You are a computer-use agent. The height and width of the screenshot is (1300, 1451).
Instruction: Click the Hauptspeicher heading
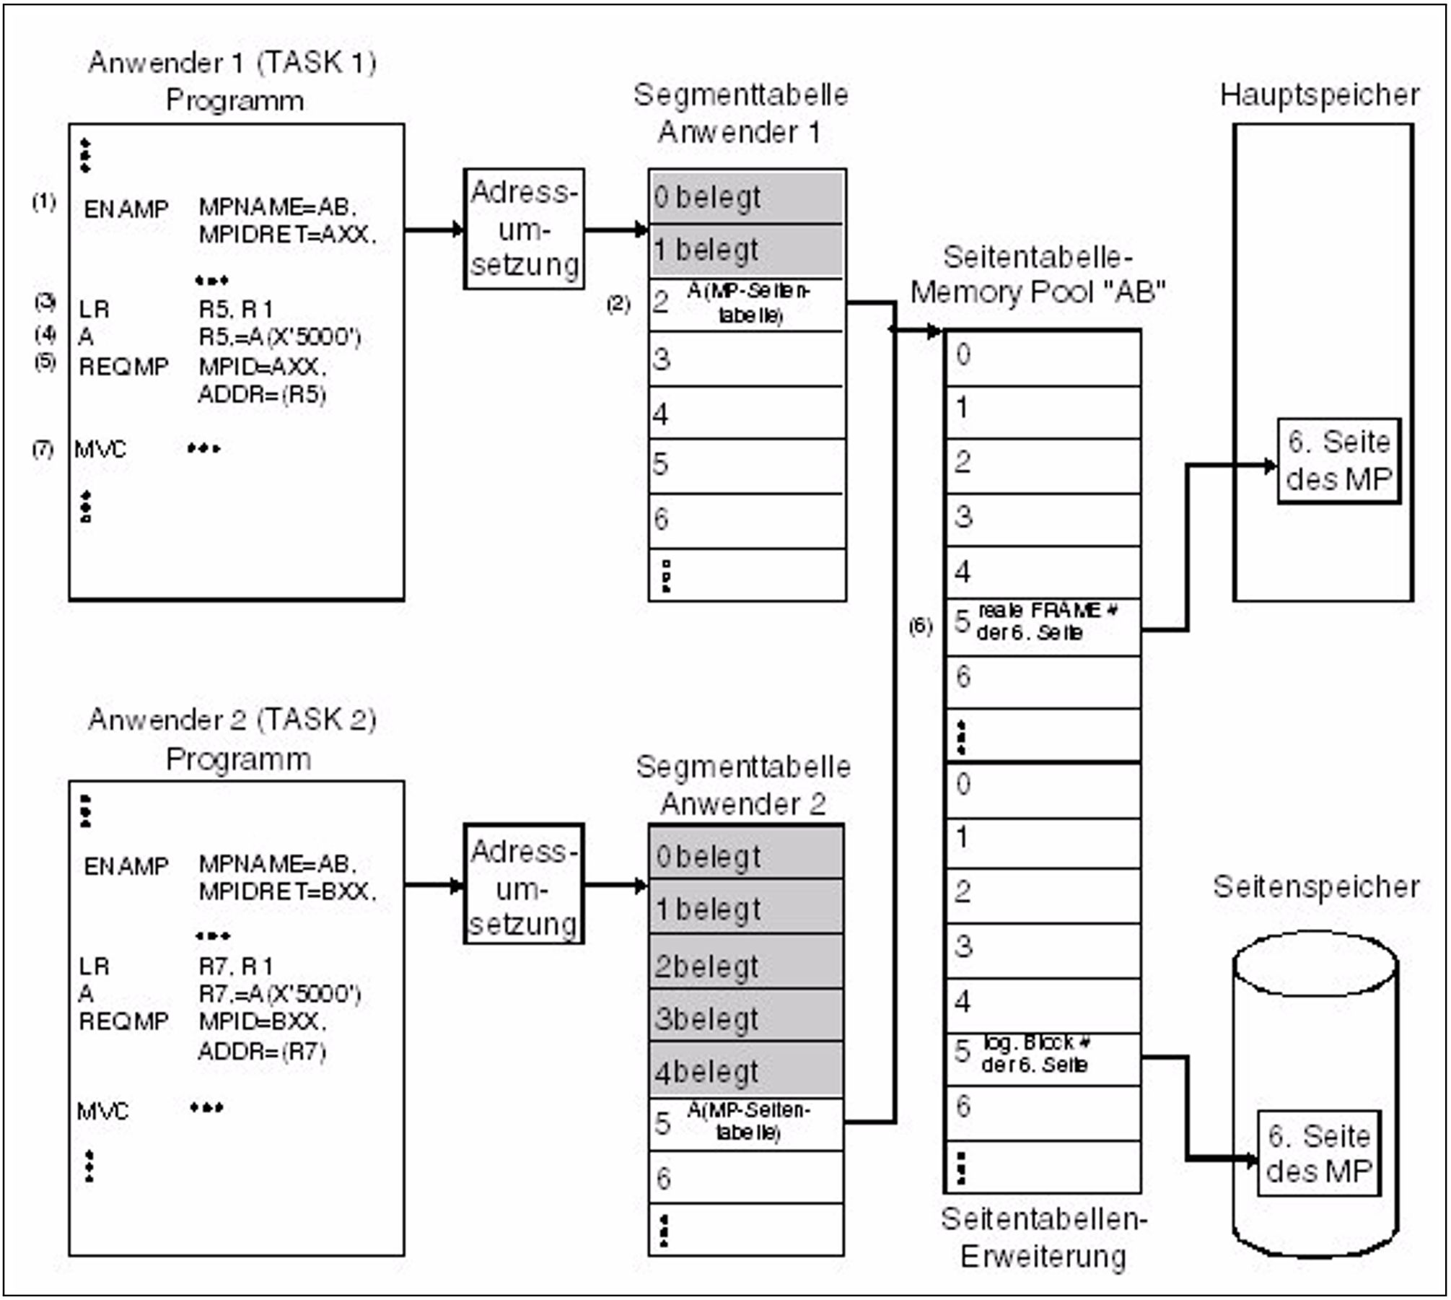click(x=1319, y=95)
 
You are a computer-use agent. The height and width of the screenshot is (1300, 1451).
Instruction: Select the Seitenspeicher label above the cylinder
click(x=1315, y=886)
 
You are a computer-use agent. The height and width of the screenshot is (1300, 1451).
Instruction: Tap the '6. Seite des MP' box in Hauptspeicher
click(x=1338, y=461)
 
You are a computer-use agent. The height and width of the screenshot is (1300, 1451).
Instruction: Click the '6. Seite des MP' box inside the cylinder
click(x=1319, y=1153)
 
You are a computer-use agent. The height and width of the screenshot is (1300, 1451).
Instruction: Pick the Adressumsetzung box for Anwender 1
click(x=524, y=229)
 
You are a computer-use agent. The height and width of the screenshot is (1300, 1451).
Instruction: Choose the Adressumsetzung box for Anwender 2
click(x=524, y=884)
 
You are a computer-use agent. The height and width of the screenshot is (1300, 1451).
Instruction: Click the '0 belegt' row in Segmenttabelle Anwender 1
click(x=747, y=197)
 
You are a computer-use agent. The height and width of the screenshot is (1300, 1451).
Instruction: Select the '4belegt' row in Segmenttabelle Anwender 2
click(x=745, y=1072)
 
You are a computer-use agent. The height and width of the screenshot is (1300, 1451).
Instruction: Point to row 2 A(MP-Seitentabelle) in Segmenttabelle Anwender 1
click(x=747, y=304)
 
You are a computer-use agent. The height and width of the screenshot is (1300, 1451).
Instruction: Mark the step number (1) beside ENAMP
click(x=44, y=201)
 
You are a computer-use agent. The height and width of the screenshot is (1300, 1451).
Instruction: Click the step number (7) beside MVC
click(x=43, y=450)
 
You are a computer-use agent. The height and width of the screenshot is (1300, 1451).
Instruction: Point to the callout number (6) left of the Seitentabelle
click(x=920, y=626)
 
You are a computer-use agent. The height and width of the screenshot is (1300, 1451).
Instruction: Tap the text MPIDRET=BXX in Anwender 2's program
click(x=287, y=892)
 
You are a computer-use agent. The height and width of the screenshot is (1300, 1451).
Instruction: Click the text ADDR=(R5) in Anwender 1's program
click(x=262, y=395)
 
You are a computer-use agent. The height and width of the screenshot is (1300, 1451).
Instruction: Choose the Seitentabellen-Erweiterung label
click(x=1043, y=1237)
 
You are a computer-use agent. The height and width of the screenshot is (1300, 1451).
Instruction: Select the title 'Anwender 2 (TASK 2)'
click(x=232, y=720)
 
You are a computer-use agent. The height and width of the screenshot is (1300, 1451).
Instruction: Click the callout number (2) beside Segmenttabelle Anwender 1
click(x=618, y=304)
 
